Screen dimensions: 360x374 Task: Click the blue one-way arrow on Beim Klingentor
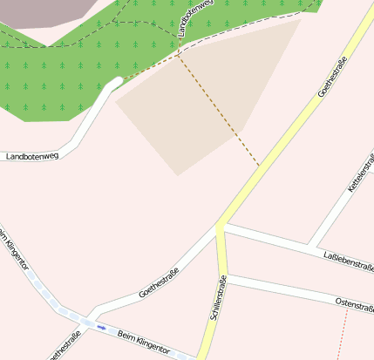101,328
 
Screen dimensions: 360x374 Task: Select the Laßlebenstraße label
348,258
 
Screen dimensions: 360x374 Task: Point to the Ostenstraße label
354,303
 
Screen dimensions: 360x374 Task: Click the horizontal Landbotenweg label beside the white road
31,157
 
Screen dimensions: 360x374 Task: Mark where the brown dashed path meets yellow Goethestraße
260,165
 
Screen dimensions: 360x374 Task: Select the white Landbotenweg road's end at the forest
117,82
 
